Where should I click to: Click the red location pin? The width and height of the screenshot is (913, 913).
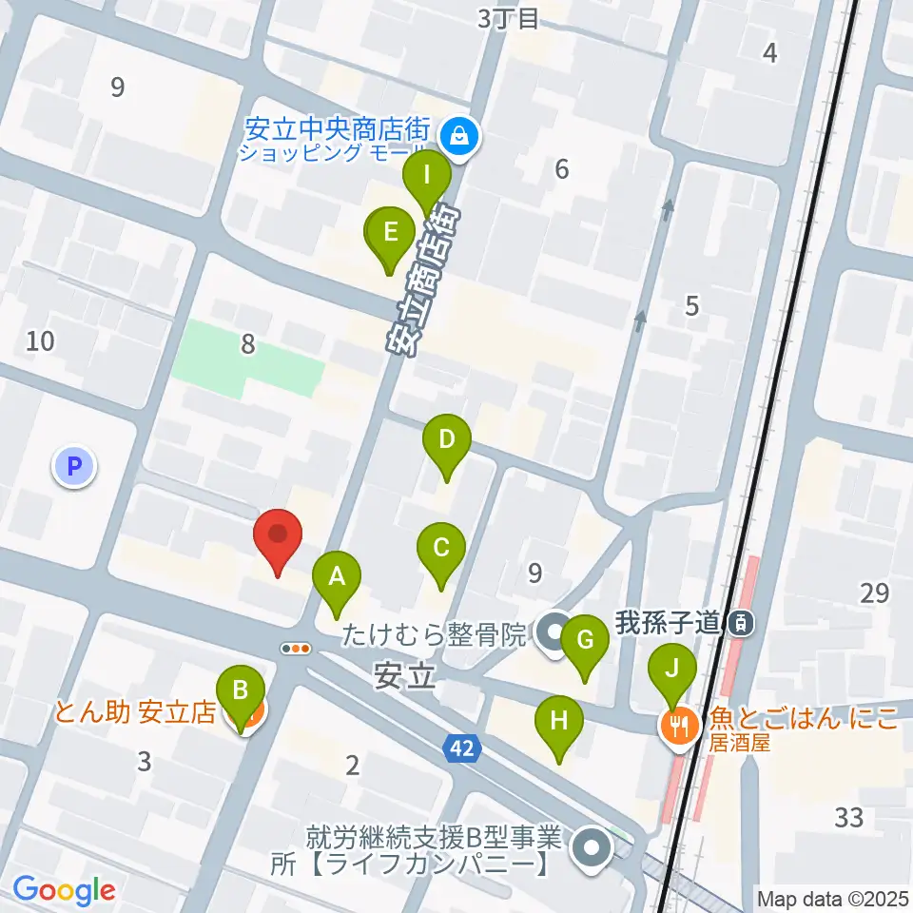point(278,537)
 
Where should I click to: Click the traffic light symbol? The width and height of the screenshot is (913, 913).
point(297,649)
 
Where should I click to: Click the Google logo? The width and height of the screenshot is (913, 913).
point(64,890)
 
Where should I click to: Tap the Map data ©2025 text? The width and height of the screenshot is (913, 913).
point(832,897)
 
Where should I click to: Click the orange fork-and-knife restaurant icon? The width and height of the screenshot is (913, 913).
point(679,728)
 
